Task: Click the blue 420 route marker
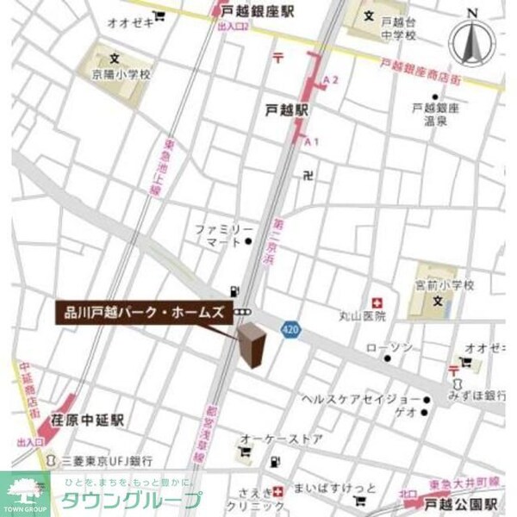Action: (290, 328)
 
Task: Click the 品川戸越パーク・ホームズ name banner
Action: (142, 312)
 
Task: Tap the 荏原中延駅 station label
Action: (87, 420)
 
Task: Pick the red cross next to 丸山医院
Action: (375, 302)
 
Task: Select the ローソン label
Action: (390, 347)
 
